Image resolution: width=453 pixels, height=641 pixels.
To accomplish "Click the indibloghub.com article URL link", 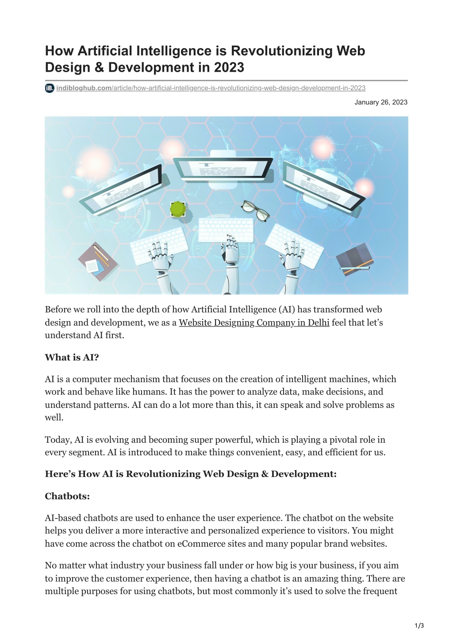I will [211, 88].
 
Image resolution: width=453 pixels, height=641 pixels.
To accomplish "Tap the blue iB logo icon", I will [50, 88].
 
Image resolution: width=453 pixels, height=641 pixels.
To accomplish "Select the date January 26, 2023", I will [380, 102].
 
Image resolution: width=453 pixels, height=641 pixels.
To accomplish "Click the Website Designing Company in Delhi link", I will [254, 322].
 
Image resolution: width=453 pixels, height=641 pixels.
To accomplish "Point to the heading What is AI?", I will [72, 357].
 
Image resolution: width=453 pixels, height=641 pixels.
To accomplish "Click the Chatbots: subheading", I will [67, 496].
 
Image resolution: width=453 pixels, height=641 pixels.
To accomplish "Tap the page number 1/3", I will [419, 626].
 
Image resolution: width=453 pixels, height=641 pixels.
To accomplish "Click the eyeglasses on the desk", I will [256, 209].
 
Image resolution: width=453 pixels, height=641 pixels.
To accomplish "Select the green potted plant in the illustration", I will [178, 209].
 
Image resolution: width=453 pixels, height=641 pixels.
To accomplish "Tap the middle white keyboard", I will [226, 230].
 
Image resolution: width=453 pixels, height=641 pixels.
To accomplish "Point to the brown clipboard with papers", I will [97, 262].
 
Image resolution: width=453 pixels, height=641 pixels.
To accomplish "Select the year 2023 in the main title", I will [229, 68].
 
